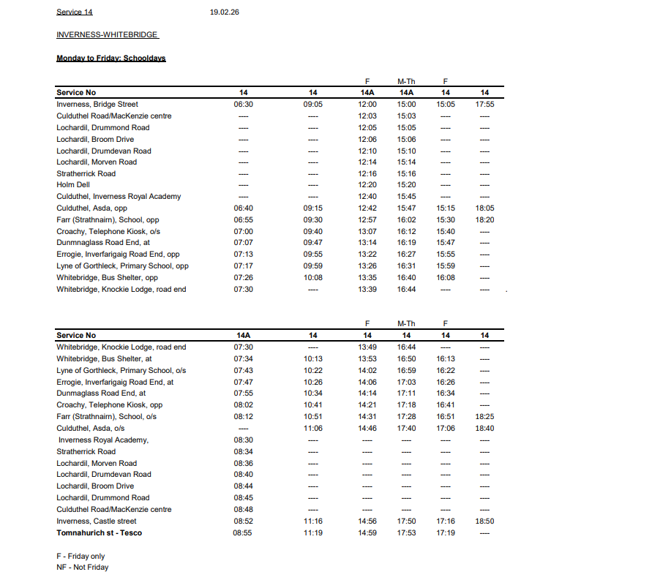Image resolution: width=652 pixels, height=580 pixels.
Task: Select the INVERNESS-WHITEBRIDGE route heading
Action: click(107, 35)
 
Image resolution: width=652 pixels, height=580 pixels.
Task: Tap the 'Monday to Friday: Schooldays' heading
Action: click(111, 58)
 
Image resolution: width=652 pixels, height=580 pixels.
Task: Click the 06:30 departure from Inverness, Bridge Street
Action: click(244, 105)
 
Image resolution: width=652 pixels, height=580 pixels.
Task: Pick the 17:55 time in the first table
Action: click(484, 105)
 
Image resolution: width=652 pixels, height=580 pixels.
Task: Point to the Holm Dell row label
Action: click(73, 185)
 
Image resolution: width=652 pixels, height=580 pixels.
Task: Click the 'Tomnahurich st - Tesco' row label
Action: click(100, 532)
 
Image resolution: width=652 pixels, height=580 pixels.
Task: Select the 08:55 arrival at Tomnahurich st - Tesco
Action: click(244, 533)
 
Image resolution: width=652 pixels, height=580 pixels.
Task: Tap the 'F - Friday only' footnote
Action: click(80, 556)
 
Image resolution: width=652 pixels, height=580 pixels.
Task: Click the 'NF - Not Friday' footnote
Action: click(82, 567)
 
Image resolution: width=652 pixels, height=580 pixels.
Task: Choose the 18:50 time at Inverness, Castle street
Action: click(484, 521)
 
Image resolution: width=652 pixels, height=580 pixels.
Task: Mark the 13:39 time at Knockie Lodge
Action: click(367, 290)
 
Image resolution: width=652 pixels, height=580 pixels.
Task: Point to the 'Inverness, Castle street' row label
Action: click(97, 521)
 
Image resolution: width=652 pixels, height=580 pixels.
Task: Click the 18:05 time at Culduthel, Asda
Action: click(484, 208)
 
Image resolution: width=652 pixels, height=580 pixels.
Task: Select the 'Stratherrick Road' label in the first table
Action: click(86, 174)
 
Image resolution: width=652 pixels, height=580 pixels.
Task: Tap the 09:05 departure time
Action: click(313, 105)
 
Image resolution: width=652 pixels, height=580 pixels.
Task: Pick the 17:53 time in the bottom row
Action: click(406, 533)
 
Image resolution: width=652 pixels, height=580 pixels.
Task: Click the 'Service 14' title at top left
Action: click(75, 12)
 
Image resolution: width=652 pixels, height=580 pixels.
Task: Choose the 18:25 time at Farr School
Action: click(484, 417)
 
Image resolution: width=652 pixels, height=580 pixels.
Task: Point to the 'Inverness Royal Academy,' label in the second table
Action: click(104, 440)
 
